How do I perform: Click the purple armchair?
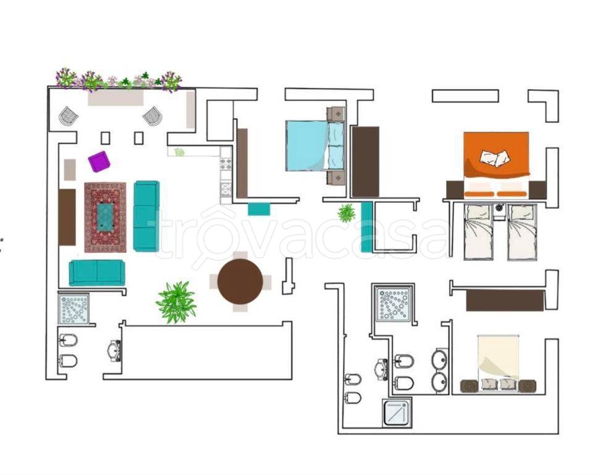(99, 161)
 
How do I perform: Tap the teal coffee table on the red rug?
(105, 217)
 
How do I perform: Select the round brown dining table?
(240, 281)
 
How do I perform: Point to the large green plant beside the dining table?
(176, 302)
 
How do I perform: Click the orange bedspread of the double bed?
(496, 155)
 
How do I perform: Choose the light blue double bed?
(316, 145)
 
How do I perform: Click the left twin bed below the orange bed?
(478, 232)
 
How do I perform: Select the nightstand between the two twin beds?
(500, 212)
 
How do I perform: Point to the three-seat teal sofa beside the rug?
(146, 216)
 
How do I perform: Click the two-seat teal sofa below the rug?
(97, 272)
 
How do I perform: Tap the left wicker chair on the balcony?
(69, 116)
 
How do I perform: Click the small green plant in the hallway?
(346, 213)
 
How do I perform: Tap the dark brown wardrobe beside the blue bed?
(365, 161)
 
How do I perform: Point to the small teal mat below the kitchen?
(259, 209)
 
